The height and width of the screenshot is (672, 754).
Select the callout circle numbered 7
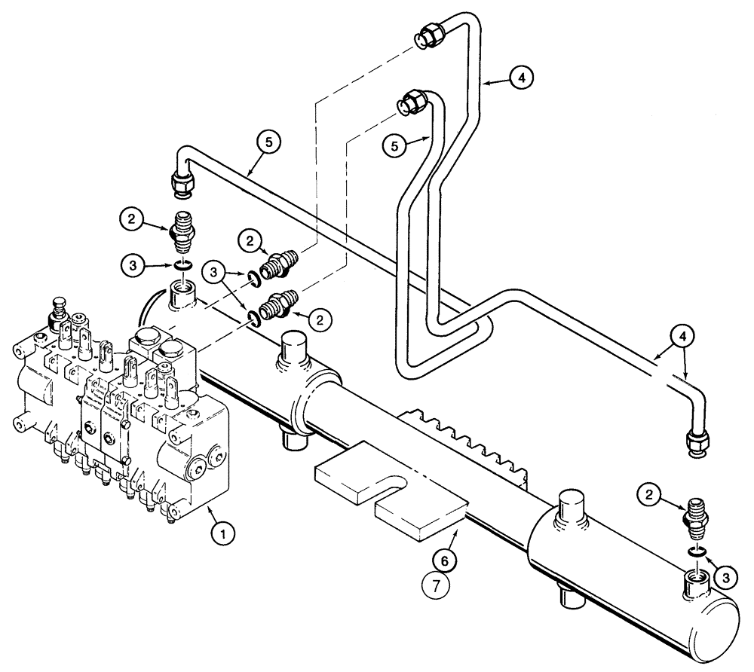[443, 585]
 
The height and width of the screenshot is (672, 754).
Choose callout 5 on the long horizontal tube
[271, 141]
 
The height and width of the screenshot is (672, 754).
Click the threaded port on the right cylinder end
[694, 584]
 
